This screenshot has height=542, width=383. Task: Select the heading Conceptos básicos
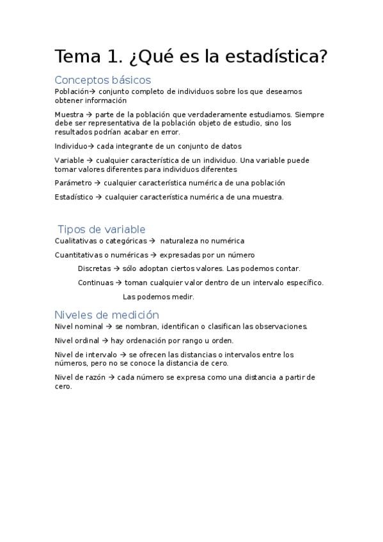coord(102,80)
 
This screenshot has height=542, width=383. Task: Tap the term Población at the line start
coord(70,91)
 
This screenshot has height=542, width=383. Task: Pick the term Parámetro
coord(73,183)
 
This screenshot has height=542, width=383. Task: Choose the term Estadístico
coord(74,197)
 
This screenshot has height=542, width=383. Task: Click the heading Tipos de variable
coord(102,229)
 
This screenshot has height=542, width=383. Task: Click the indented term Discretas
coord(94,268)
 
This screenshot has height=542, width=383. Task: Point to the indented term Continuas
coord(95,283)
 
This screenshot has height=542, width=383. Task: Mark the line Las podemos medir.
coord(158,297)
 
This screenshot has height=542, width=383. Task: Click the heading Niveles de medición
coord(106,314)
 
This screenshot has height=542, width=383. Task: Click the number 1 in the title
coord(115,57)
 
